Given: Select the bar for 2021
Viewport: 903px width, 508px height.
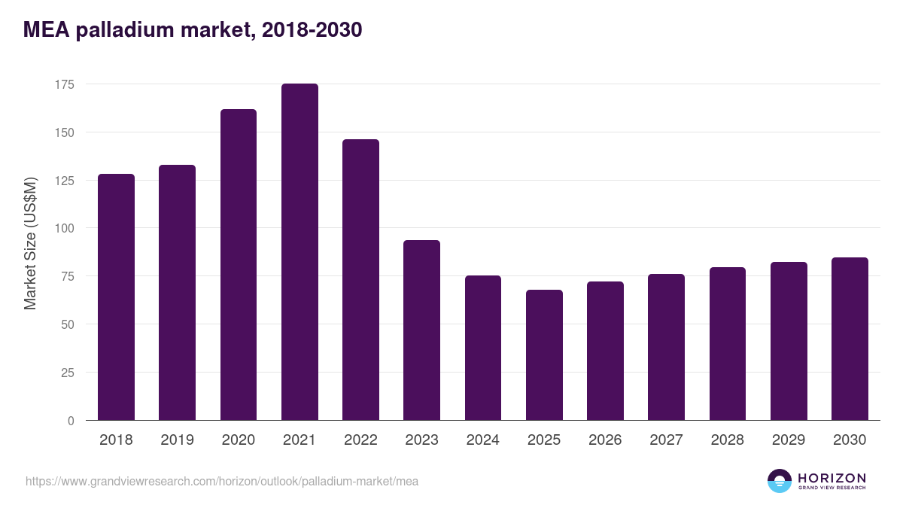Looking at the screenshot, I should tap(299, 252).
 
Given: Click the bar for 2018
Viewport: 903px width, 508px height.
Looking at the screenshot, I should tap(116, 297).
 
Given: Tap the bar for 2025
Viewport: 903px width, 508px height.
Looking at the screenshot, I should tap(544, 355).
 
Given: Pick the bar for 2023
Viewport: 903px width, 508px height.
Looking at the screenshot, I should tap(421, 330).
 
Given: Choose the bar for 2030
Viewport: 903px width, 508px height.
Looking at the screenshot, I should tap(850, 339).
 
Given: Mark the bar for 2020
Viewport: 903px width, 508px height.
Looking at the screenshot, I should tap(238, 265).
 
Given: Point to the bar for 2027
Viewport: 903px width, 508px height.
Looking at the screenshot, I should tap(666, 347).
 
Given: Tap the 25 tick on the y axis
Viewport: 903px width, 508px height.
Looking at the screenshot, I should tap(68, 373).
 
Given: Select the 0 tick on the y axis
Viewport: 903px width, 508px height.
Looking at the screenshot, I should tap(71, 421).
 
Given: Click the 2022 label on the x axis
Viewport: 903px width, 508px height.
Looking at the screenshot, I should tap(360, 440).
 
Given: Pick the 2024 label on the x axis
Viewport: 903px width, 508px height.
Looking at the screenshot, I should tap(482, 440).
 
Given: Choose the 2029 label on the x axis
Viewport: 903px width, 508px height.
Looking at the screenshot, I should tap(789, 440).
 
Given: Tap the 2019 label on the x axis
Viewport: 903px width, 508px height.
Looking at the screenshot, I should tap(177, 440).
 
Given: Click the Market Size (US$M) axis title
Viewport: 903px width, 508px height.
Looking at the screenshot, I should tap(30, 243).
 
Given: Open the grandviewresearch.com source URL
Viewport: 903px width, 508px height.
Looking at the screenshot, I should tap(222, 481).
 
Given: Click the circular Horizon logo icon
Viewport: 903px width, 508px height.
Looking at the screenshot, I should tap(780, 481).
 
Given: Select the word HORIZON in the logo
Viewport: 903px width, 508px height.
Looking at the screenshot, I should tap(832, 477).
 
